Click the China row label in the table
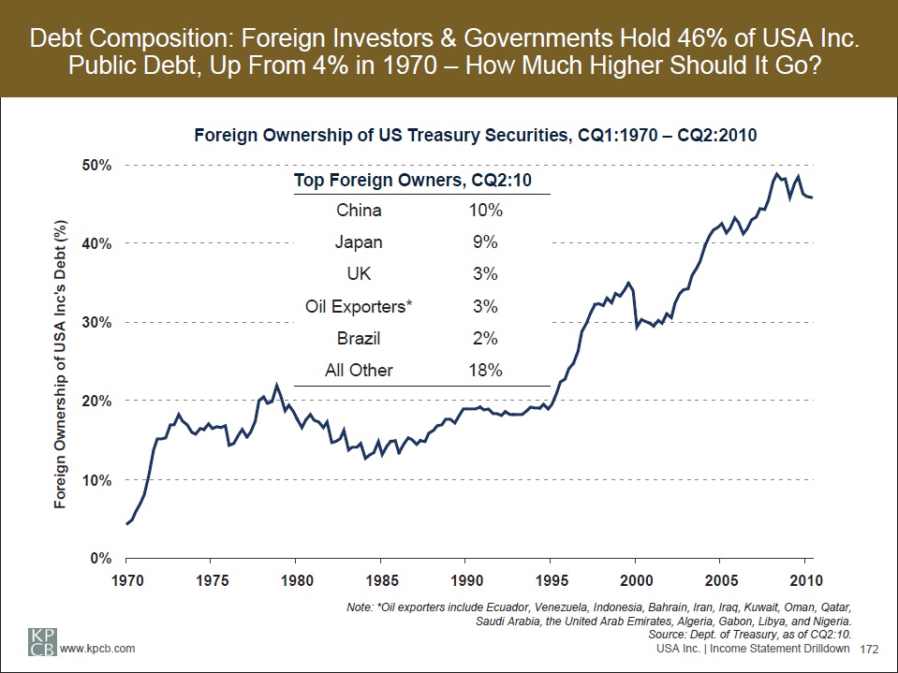click(359, 211)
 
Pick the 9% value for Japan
click(485, 242)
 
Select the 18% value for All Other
click(485, 370)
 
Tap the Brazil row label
click(359, 338)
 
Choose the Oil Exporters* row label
click(359, 306)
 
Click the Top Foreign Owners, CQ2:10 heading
click(413, 180)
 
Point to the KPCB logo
click(37, 641)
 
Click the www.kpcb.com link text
click(98, 648)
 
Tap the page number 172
click(872, 648)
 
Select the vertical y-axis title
click(59, 366)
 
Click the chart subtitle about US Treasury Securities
click(475, 135)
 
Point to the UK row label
click(359, 274)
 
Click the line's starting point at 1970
click(126, 523)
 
